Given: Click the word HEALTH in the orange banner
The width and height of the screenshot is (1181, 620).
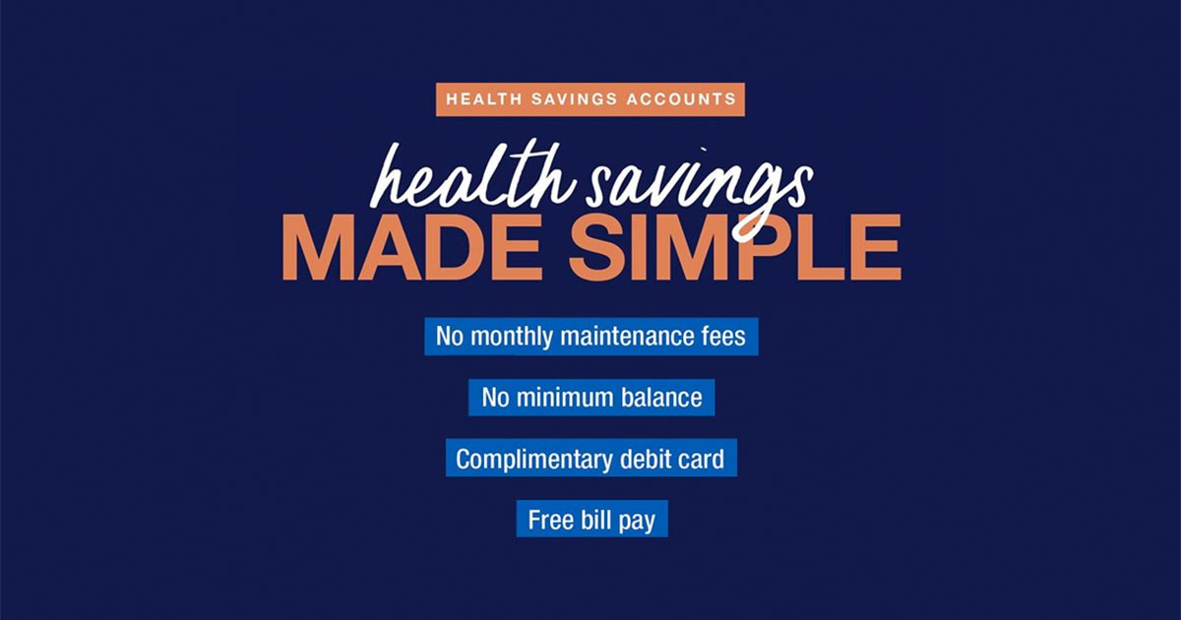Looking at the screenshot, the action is coord(484,99).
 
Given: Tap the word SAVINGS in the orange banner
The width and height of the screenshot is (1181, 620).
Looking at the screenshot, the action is coord(575,99).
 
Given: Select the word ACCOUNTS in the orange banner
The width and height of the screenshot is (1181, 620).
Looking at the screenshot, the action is coord(681,99).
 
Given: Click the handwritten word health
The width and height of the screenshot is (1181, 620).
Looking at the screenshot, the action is coord(471,176).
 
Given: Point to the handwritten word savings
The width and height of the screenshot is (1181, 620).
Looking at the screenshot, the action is coord(699,190).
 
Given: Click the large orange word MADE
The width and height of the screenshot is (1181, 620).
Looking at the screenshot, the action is coord(412,248).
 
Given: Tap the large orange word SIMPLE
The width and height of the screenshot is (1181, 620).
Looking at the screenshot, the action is coord(735,248).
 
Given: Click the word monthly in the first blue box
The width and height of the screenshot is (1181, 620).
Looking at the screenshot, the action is coord(512,337).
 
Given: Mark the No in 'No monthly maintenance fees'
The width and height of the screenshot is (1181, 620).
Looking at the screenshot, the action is coord(449,336).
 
